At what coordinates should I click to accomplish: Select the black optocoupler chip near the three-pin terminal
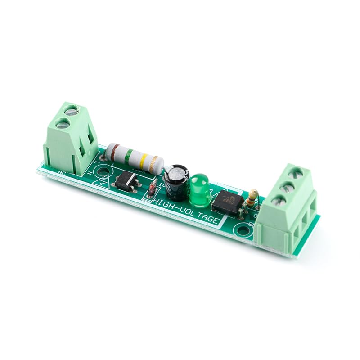(x=227, y=201)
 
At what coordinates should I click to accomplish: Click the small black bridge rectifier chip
(x=125, y=181)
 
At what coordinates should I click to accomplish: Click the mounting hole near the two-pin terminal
(x=104, y=171)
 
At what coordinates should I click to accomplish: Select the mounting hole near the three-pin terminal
(x=243, y=231)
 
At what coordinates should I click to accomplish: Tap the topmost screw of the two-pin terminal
(x=70, y=109)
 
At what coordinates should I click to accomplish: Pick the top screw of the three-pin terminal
(x=296, y=173)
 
